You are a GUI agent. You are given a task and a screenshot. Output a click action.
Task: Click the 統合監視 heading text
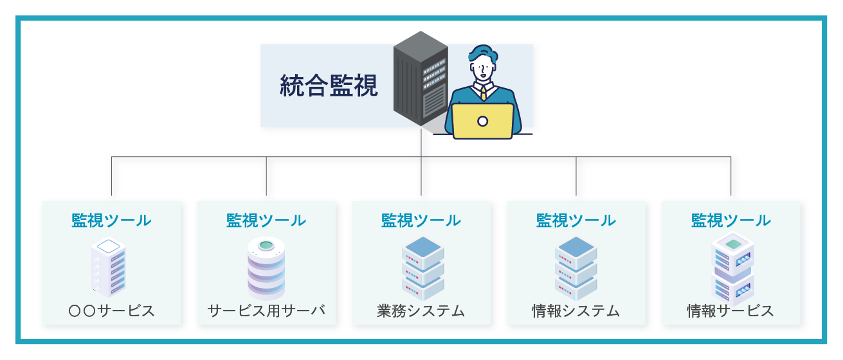tap(329, 85)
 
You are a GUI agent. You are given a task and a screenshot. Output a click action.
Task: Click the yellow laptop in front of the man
tap(482, 121)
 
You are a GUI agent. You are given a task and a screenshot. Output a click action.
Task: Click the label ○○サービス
tap(111, 311)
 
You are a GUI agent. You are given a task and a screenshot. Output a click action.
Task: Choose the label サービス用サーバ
tap(266, 311)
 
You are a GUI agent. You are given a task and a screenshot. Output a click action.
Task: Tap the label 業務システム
tap(421, 311)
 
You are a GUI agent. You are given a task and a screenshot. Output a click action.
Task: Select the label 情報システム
tap(576, 311)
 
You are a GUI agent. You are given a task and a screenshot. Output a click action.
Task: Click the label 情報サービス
tap(730, 311)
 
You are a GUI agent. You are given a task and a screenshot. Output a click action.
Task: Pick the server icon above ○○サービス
tap(111, 267)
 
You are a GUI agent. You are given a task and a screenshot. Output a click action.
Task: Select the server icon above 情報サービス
tap(732, 267)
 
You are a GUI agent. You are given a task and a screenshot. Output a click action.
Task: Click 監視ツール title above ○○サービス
tap(111, 221)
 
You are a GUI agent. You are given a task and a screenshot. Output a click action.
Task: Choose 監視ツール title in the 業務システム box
tap(421, 221)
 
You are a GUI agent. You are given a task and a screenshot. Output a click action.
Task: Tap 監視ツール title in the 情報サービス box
tap(730, 221)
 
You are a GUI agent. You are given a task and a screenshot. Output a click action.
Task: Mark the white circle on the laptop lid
tap(482, 121)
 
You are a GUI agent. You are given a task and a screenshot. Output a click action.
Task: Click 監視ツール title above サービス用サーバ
tap(266, 221)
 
